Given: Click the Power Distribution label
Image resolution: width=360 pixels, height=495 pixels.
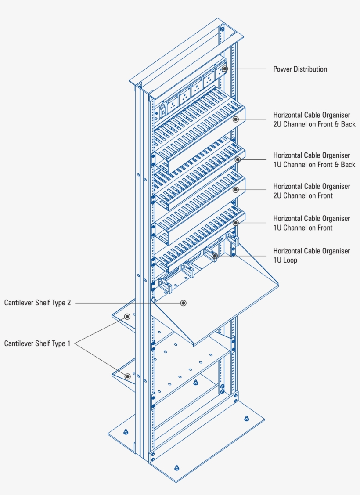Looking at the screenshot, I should pos(300,69).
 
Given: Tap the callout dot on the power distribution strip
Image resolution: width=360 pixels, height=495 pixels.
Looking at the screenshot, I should pos(225,69).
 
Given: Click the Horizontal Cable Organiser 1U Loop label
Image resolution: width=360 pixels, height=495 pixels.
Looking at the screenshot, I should pos(311,256).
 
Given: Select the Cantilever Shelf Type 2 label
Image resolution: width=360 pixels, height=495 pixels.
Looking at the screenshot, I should pos(37,303).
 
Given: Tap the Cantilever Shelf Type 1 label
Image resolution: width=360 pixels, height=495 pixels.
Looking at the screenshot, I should pos(37,343).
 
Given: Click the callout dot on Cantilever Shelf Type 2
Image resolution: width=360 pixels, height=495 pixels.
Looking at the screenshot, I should pos(184,303).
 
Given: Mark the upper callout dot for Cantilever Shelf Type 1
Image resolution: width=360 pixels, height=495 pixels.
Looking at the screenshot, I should pos(127,316).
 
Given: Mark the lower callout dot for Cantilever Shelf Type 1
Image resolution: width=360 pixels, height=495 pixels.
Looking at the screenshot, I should pos(128,376).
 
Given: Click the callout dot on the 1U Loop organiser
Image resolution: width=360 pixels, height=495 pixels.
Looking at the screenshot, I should pos(215,256).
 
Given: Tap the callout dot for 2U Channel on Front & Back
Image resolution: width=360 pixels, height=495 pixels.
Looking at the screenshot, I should pos(236,119).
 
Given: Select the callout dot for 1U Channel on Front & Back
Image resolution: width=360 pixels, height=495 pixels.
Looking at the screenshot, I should pos(238,159).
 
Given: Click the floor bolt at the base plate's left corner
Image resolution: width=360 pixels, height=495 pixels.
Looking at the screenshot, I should pos(126,432).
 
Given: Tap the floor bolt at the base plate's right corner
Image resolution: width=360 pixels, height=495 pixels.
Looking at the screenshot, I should pos(247,418).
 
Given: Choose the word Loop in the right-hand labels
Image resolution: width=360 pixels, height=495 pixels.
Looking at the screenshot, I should pos(290,260).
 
